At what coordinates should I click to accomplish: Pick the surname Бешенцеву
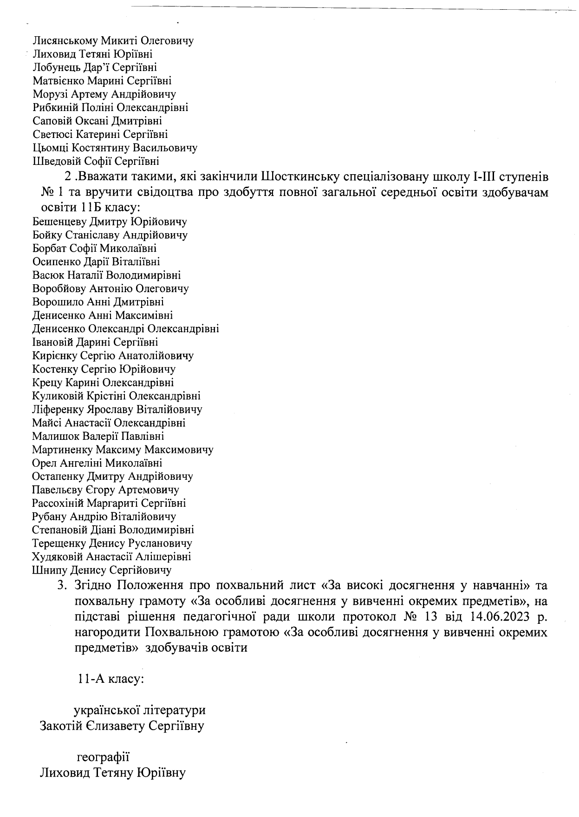[59, 222]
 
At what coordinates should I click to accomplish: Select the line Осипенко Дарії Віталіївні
[96, 262]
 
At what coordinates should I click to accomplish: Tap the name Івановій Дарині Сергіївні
[95, 342]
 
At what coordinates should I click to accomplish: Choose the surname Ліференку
[57, 410]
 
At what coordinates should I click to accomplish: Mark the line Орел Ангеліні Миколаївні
[97, 463]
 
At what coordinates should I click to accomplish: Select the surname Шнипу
[49, 570]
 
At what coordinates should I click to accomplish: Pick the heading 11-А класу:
[111, 679]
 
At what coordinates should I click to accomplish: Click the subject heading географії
[103, 757]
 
